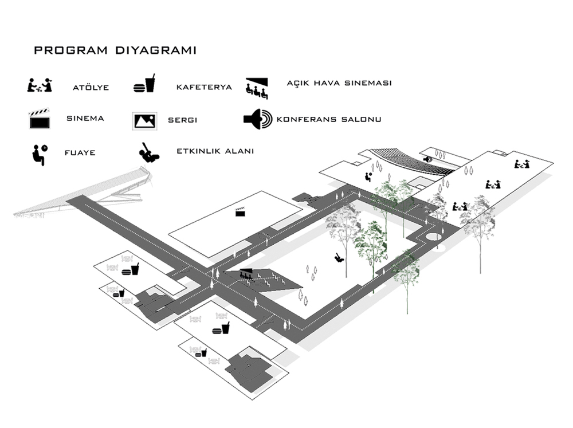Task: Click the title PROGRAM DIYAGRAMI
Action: [115, 50]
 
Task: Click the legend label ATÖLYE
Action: [91, 87]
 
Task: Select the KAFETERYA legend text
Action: [204, 87]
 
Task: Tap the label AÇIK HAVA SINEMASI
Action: [339, 83]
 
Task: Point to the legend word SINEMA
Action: [85, 119]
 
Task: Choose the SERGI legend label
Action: [182, 120]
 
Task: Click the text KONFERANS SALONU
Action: [329, 119]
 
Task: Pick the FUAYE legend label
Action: [80, 153]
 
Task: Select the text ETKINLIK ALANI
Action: [215, 151]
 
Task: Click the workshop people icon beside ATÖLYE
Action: [40, 85]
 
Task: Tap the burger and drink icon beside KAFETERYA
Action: [144, 83]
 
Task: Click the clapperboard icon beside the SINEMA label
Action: [40, 119]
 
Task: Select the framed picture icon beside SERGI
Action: [145, 121]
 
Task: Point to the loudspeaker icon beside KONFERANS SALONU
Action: [258, 119]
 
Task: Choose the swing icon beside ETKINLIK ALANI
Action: [149, 153]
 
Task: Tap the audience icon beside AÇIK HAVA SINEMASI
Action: [257, 88]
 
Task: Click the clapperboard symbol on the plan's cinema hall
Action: [240, 211]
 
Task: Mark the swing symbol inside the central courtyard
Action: [339, 257]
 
